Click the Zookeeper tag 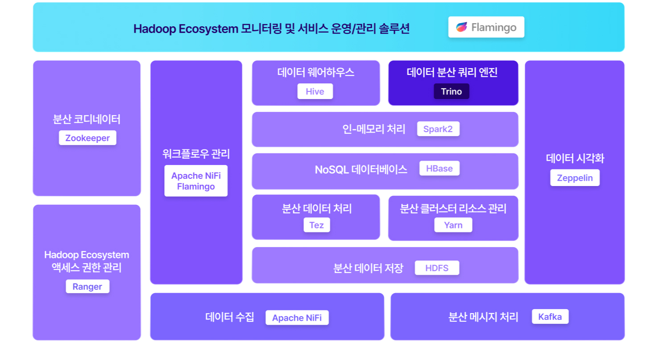tap(87, 138)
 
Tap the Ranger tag tap(87, 286)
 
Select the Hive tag tap(315, 92)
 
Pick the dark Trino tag tap(451, 92)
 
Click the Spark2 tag tap(438, 129)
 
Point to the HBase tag tap(439, 169)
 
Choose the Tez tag tap(317, 225)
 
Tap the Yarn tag tap(453, 225)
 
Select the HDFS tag tap(436, 268)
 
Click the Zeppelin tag tap(575, 178)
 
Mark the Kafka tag tap(550, 317)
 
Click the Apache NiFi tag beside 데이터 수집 tap(297, 318)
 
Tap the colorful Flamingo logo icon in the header tap(461, 27)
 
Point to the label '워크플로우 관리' tap(196, 154)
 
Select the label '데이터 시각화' tap(575, 158)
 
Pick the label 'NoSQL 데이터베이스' tap(361, 170)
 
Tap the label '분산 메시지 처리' tap(483, 317)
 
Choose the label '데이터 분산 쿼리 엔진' tap(452, 73)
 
